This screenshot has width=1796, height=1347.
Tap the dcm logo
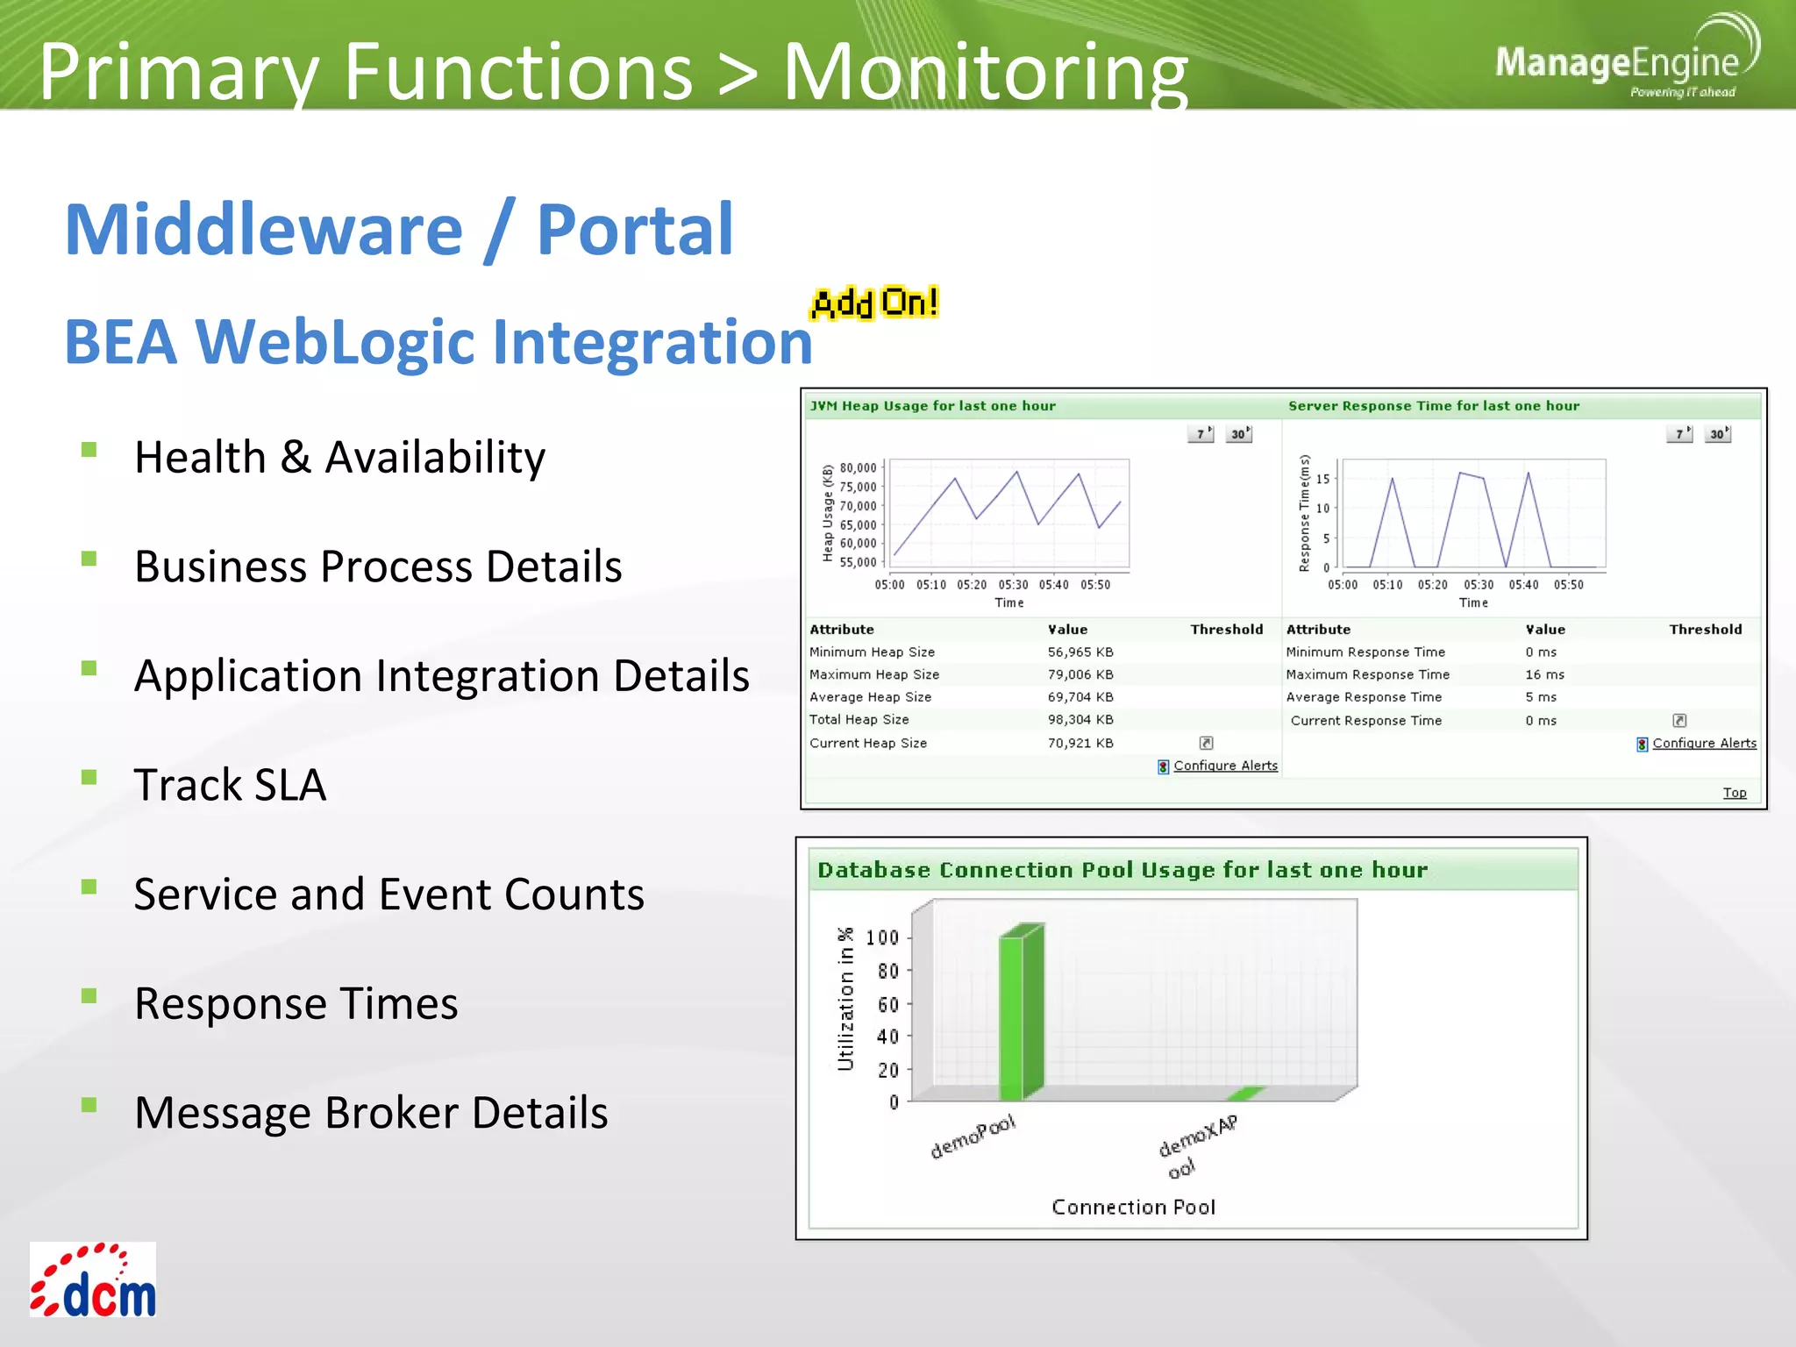(93, 1280)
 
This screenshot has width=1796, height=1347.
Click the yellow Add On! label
(874, 303)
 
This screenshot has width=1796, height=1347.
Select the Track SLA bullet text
(230, 784)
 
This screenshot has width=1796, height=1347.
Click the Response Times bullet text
(296, 1003)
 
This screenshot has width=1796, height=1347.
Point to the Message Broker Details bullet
(370, 1112)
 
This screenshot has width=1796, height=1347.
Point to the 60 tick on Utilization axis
(887, 1004)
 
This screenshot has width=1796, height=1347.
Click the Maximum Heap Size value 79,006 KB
(1080, 674)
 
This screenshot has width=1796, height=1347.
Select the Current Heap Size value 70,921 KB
(1080, 743)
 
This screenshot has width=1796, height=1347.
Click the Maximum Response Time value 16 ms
(1544, 674)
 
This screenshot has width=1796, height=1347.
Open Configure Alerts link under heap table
(1224, 766)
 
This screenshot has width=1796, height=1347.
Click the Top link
(1734, 793)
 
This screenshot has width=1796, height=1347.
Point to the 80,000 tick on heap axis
(858, 467)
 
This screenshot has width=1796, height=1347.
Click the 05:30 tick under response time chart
(1478, 585)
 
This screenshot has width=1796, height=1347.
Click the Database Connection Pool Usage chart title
(1122, 870)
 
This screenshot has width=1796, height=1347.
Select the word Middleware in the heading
(263, 230)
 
